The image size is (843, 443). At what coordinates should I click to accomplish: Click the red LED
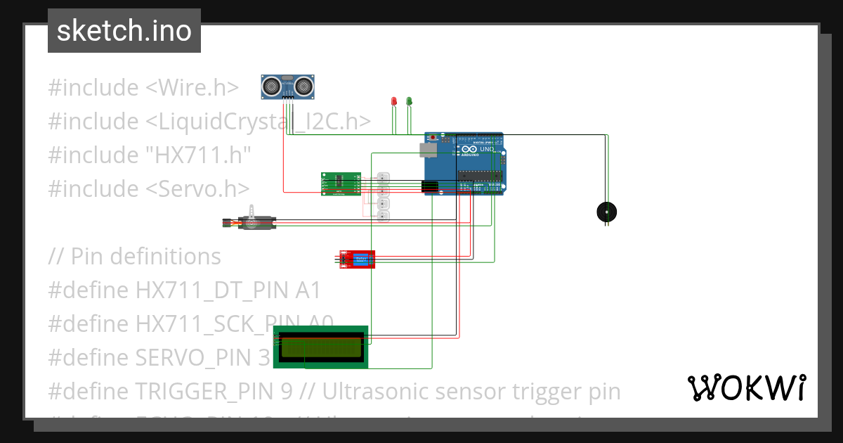click(394, 102)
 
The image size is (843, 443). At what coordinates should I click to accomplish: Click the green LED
click(409, 102)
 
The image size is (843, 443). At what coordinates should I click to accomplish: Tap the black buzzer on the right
click(606, 211)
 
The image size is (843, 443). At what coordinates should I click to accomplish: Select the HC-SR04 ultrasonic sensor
click(288, 86)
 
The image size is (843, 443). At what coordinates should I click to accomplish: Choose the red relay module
click(357, 259)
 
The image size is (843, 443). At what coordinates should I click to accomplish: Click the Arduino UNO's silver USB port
click(426, 149)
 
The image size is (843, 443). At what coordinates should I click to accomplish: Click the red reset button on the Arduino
click(433, 136)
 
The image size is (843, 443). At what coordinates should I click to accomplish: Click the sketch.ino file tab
click(124, 31)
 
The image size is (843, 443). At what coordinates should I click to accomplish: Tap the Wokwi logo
click(746, 388)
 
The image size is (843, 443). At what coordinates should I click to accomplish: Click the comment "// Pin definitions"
click(135, 257)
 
